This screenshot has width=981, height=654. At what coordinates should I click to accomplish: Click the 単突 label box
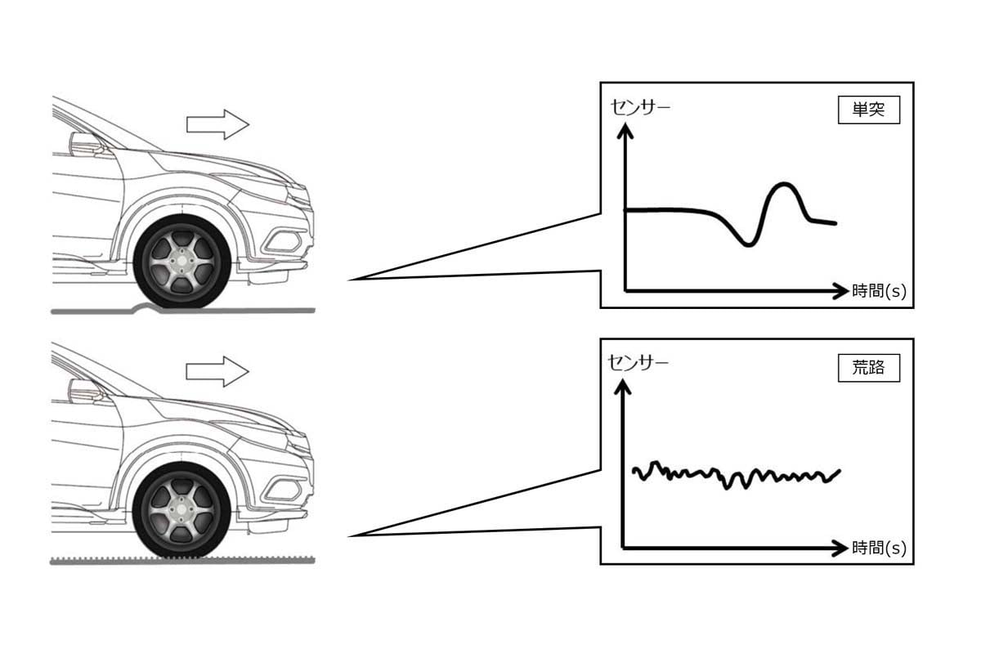pos(868,110)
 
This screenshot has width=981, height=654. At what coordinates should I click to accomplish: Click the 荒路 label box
pos(868,368)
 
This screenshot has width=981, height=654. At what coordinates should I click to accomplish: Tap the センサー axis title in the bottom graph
pos(638,361)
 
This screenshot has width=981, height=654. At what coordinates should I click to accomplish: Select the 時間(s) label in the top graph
pos(879,290)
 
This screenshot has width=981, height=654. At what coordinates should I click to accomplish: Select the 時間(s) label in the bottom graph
pos(879,547)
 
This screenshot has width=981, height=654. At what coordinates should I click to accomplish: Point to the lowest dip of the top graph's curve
pos(747,244)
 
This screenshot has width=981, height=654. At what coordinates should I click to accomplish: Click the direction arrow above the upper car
pos(217,124)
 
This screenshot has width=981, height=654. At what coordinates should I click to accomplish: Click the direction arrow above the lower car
pos(217,371)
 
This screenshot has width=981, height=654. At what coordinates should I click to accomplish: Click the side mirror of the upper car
pos(86,145)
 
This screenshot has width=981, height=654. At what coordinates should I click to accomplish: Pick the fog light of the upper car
pos(284,240)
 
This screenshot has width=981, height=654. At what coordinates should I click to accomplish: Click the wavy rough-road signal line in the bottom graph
pos(736,475)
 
